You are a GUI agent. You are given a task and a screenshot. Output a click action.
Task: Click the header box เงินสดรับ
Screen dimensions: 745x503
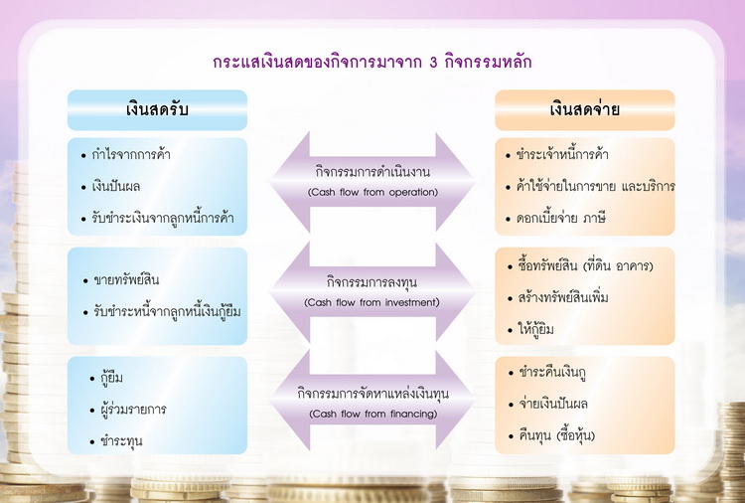157,109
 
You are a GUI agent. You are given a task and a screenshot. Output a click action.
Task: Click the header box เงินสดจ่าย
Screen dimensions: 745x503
585,109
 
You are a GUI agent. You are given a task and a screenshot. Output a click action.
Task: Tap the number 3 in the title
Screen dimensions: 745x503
433,63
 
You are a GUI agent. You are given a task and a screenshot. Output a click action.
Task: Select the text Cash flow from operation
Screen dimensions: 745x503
372,192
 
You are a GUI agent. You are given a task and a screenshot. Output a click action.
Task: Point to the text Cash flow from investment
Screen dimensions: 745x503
372,302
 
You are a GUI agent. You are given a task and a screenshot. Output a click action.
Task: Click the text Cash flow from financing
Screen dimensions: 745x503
372,414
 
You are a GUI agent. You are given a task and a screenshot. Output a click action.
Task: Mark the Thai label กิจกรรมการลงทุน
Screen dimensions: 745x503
372,282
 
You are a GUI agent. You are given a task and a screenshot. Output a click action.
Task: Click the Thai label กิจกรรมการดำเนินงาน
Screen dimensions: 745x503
372,172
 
